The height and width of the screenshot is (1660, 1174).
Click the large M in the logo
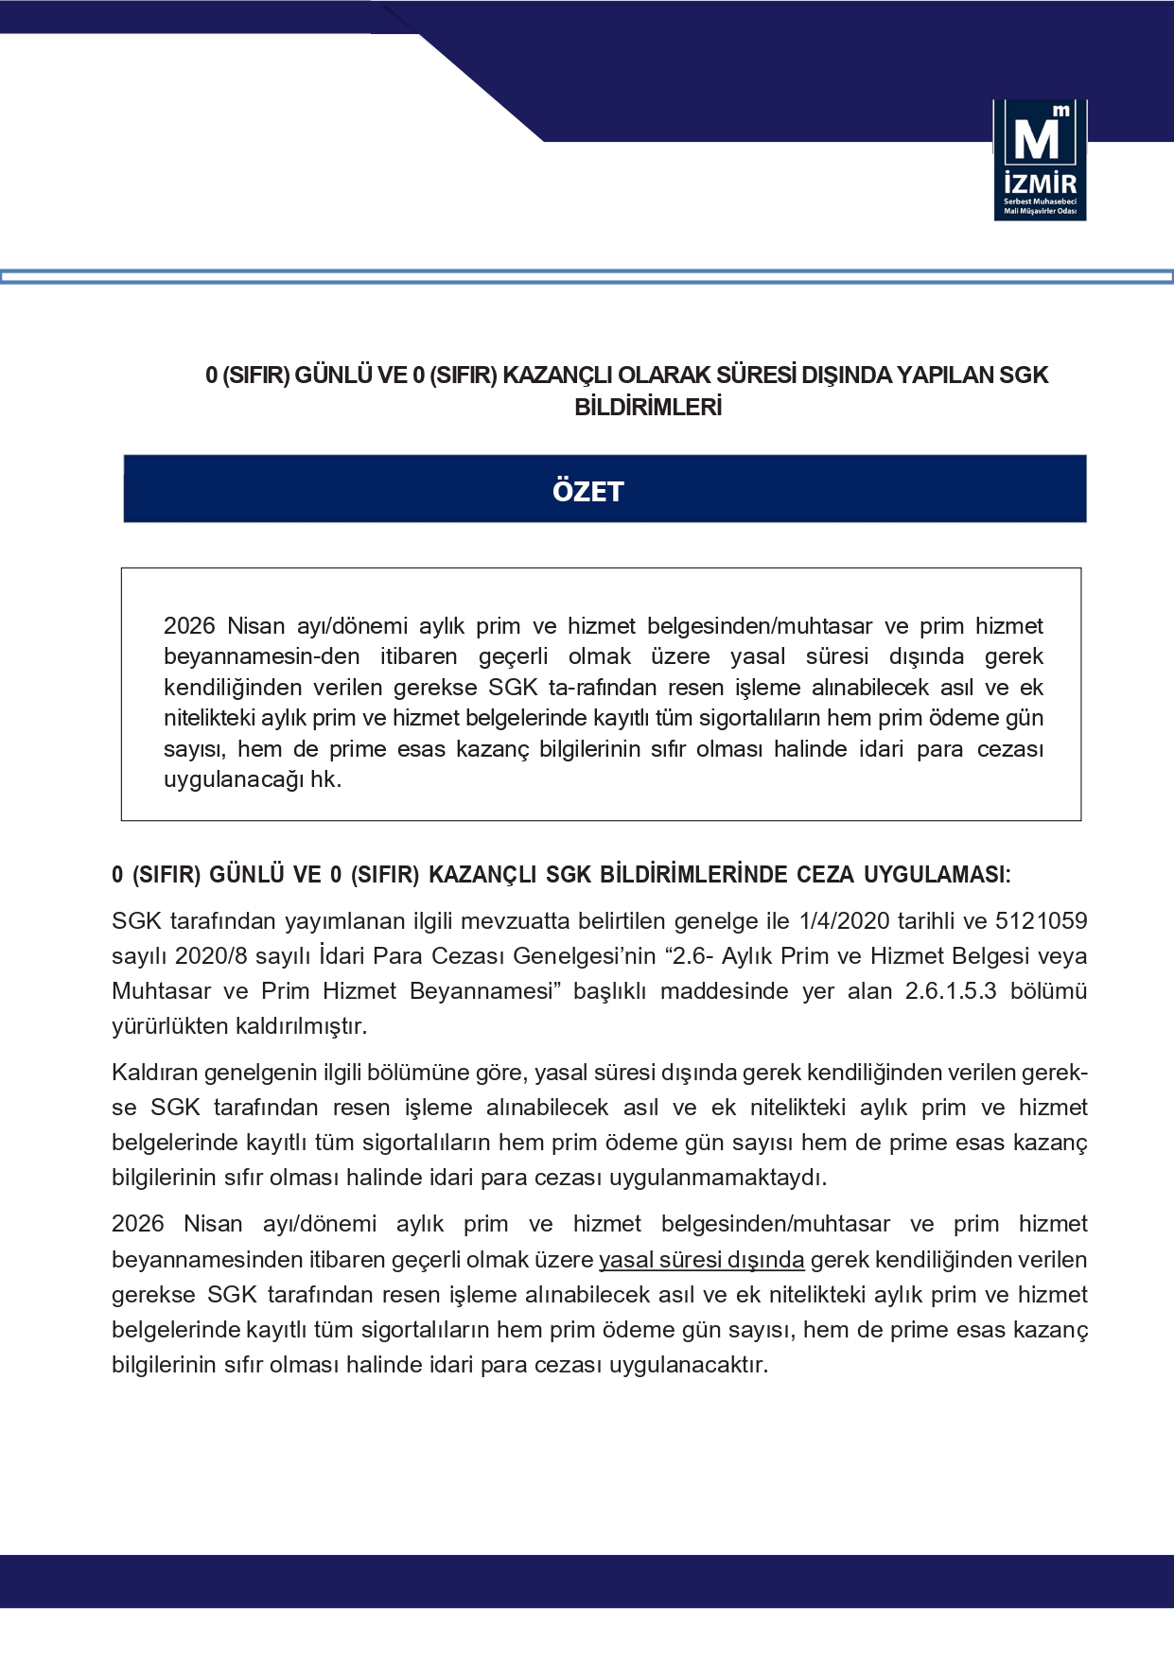pos(1037,140)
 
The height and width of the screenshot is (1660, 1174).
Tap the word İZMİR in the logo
pos(1040,183)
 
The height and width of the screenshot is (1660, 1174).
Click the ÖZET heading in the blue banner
pos(587,491)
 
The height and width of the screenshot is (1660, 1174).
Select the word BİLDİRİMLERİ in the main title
pos(648,408)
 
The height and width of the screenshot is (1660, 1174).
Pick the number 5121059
pos(1041,921)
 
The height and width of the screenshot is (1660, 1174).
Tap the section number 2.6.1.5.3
pos(950,991)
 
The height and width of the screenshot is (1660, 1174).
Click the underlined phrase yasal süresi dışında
pos(701,1260)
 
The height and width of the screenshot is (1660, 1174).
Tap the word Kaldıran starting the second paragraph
pos(154,1073)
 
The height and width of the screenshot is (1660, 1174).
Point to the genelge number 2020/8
pos(211,956)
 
